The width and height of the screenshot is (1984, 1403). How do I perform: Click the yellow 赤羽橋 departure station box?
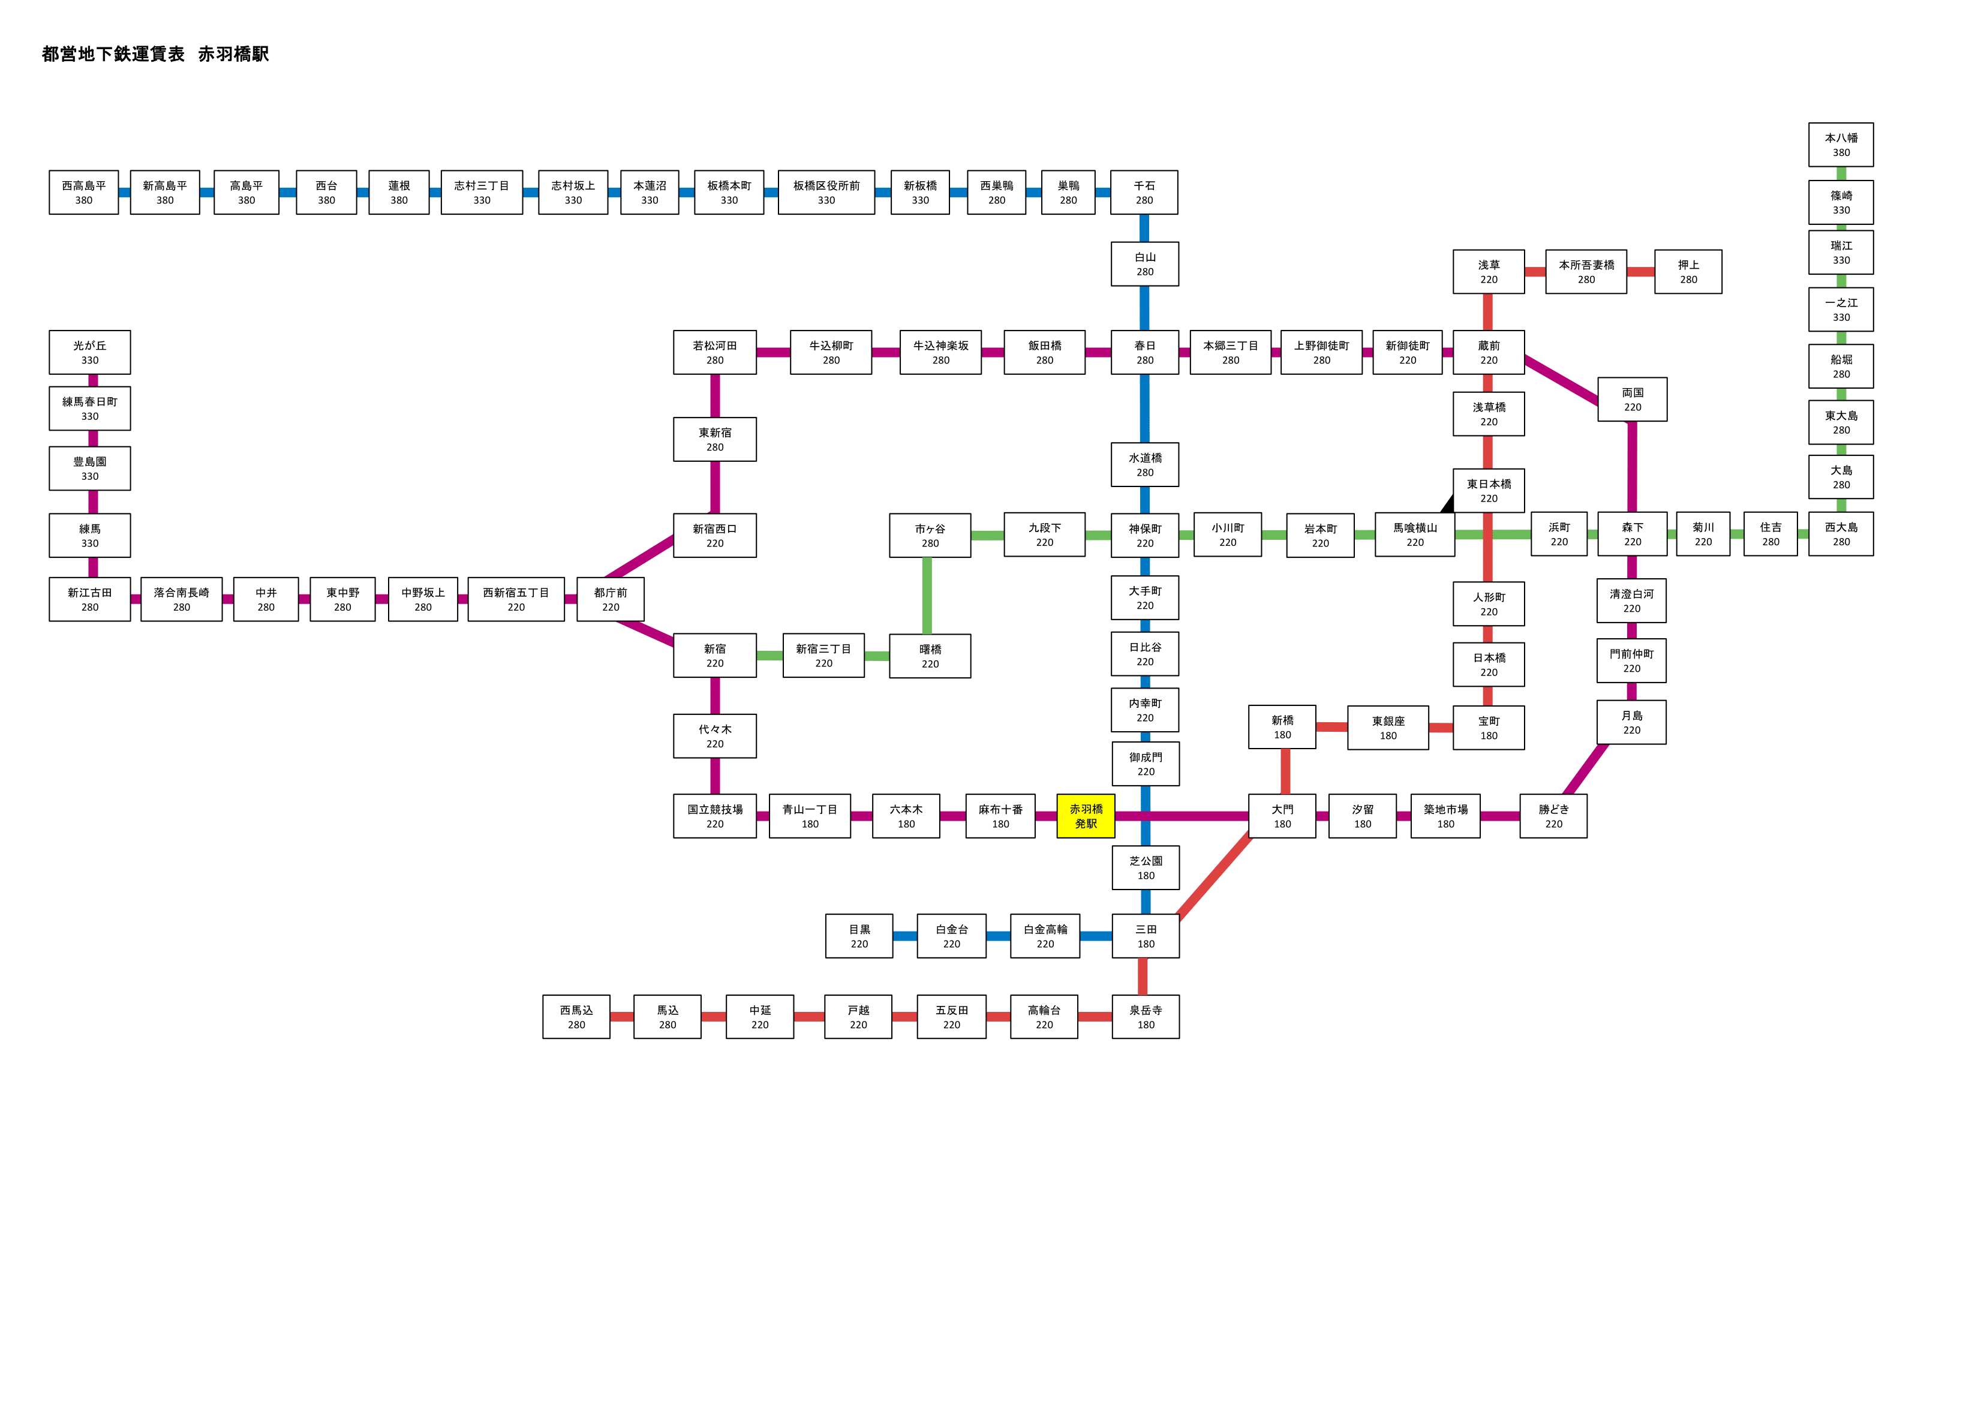pos(1086,815)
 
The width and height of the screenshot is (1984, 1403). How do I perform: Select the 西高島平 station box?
pos(84,192)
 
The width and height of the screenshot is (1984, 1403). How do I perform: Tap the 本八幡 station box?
pos(1841,145)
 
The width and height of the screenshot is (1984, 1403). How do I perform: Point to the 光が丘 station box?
pos(90,352)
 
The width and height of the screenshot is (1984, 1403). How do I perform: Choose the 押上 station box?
pos(1688,272)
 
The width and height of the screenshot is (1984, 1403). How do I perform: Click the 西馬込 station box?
pos(576,1017)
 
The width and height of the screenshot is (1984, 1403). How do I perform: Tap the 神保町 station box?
pos(1145,535)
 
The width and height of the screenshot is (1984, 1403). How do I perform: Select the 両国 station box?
pos(1633,399)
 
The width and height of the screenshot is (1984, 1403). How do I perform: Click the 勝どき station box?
pos(1553,816)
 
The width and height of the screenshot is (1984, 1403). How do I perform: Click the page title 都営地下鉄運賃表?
pos(113,53)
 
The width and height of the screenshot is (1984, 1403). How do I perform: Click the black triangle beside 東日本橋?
pos(1447,504)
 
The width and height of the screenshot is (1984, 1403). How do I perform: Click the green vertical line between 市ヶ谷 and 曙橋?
pos(927,596)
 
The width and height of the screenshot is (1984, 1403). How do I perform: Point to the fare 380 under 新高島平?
pos(165,200)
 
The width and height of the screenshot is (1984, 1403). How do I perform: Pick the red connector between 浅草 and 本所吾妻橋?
pos(1535,272)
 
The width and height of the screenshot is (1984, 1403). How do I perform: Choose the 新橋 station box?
pos(1282,727)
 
